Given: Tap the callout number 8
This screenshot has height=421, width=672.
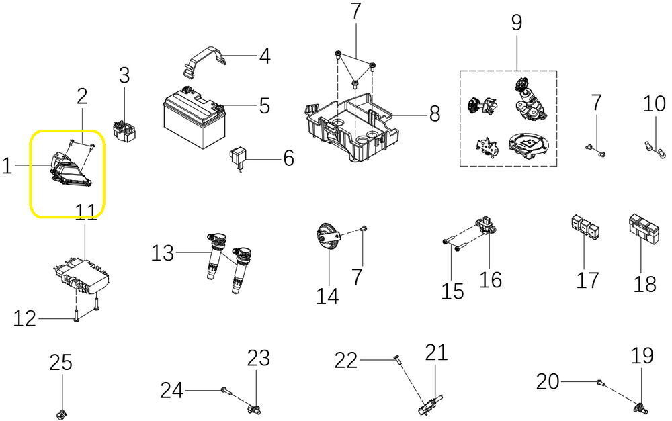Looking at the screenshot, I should (x=435, y=113).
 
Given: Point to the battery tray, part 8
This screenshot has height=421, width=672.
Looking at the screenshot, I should (x=349, y=128).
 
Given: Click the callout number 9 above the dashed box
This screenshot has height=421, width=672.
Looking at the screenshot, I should (x=516, y=23).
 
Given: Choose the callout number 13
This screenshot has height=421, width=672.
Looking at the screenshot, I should (x=162, y=253).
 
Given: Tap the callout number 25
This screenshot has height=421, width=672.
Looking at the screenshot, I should (x=60, y=363).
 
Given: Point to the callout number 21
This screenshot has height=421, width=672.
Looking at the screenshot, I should (x=436, y=353).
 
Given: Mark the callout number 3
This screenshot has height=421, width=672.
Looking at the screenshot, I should (x=124, y=76).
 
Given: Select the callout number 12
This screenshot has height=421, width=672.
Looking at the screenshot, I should (x=25, y=319).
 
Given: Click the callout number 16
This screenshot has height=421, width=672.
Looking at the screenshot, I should (x=491, y=279).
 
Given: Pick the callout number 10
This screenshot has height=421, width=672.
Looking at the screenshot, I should (x=654, y=104).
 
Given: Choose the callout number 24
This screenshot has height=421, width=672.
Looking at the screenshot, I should (x=171, y=389).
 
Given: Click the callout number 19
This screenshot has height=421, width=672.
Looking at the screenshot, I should (x=642, y=356).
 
